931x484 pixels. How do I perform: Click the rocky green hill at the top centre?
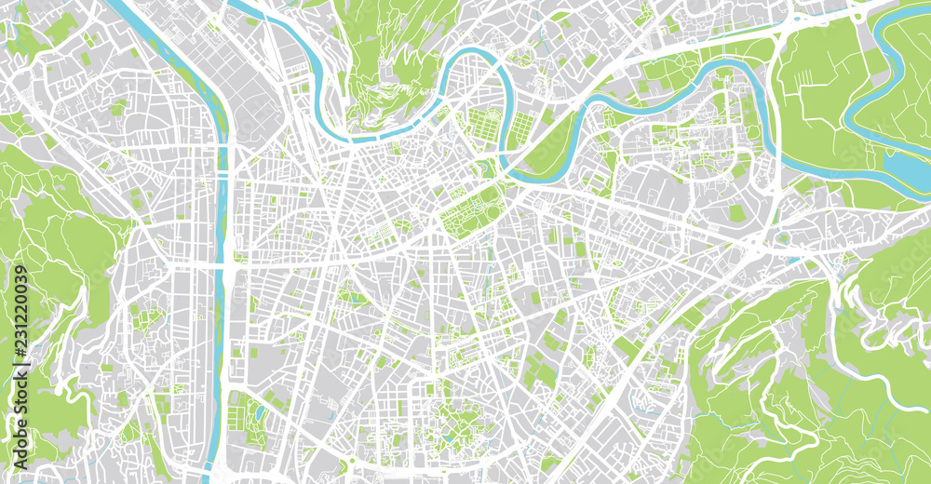coord(391,65)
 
